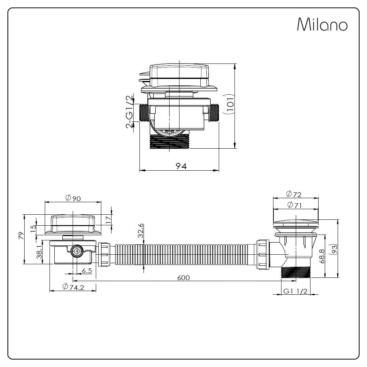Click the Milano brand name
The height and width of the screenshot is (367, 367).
(322, 25)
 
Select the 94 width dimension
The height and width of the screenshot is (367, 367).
(181, 166)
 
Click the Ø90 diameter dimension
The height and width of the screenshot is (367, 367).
(73, 198)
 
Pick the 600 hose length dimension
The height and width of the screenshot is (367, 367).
(183, 277)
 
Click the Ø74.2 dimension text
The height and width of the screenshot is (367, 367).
(73, 287)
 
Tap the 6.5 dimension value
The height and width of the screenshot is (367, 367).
(87, 271)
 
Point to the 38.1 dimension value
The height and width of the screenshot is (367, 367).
(41, 252)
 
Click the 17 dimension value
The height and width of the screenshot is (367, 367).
(108, 220)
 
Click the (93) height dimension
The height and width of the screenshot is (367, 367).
(334, 249)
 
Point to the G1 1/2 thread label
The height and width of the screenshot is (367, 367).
(295, 291)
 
